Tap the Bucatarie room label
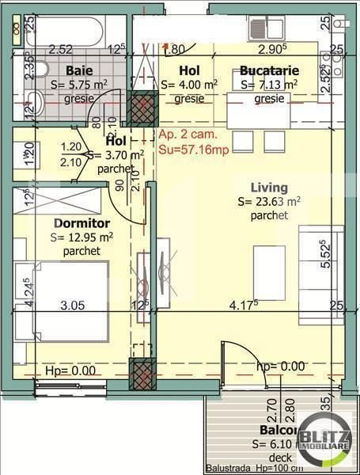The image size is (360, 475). tap(268, 70)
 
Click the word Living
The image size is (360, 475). tap(266, 188)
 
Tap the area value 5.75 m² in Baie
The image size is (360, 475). tap(78, 85)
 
